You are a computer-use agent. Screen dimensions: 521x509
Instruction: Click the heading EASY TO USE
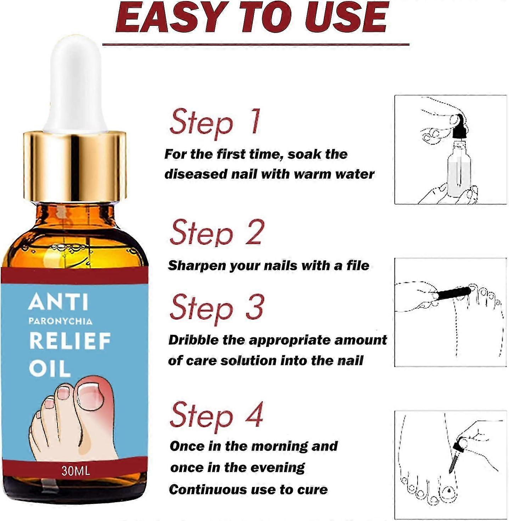click(x=252, y=18)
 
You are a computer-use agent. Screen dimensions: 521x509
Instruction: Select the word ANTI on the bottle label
click(x=58, y=302)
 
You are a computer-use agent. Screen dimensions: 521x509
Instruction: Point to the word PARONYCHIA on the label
click(x=60, y=321)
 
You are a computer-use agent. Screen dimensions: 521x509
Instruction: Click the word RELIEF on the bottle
click(x=70, y=341)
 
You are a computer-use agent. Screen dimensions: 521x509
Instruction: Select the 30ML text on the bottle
click(x=75, y=471)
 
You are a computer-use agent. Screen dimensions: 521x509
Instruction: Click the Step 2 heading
click(x=217, y=233)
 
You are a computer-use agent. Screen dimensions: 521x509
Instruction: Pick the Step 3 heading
click(x=217, y=307)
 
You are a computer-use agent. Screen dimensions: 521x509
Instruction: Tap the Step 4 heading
click(x=217, y=415)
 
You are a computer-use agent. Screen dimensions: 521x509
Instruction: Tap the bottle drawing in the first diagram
click(x=459, y=170)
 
